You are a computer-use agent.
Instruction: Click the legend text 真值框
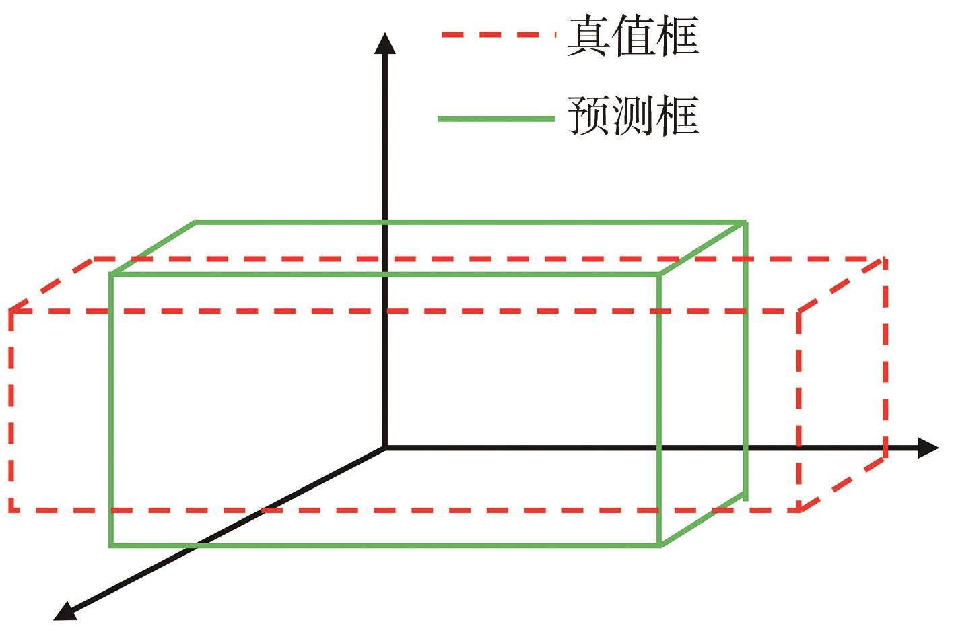click(x=633, y=35)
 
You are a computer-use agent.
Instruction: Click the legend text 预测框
click(x=633, y=116)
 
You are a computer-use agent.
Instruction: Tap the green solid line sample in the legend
click(x=496, y=119)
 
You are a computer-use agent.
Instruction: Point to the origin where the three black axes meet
click(x=384, y=447)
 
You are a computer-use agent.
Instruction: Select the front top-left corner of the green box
click(x=111, y=274)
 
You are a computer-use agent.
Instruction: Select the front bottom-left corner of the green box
click(x=111, y=545)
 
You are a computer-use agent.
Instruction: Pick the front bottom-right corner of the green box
click(x=660, y=545)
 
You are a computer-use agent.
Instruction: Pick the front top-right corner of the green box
click(x=660, y=274)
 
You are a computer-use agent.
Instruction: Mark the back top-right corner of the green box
click(x=745, y=222)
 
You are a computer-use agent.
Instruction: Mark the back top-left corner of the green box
click(x=196, y=222)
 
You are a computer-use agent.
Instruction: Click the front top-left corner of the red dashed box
click(x=11, y=311)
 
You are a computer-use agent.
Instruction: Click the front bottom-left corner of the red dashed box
click(x=11, y=510)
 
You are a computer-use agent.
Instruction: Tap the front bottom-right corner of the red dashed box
click(x=799, y=510)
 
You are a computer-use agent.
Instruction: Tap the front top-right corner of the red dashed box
click(x=799, y=311)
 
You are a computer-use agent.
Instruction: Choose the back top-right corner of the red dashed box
click(x=885, y=259)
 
